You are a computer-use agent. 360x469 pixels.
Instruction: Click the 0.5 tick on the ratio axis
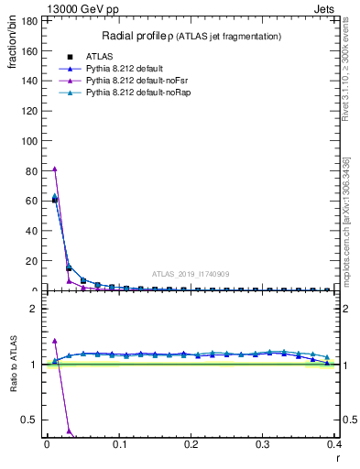click(28, 420)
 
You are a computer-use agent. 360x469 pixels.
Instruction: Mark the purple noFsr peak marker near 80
click(54, 169)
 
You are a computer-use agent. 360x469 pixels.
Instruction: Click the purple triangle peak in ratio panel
click(54, 341)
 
